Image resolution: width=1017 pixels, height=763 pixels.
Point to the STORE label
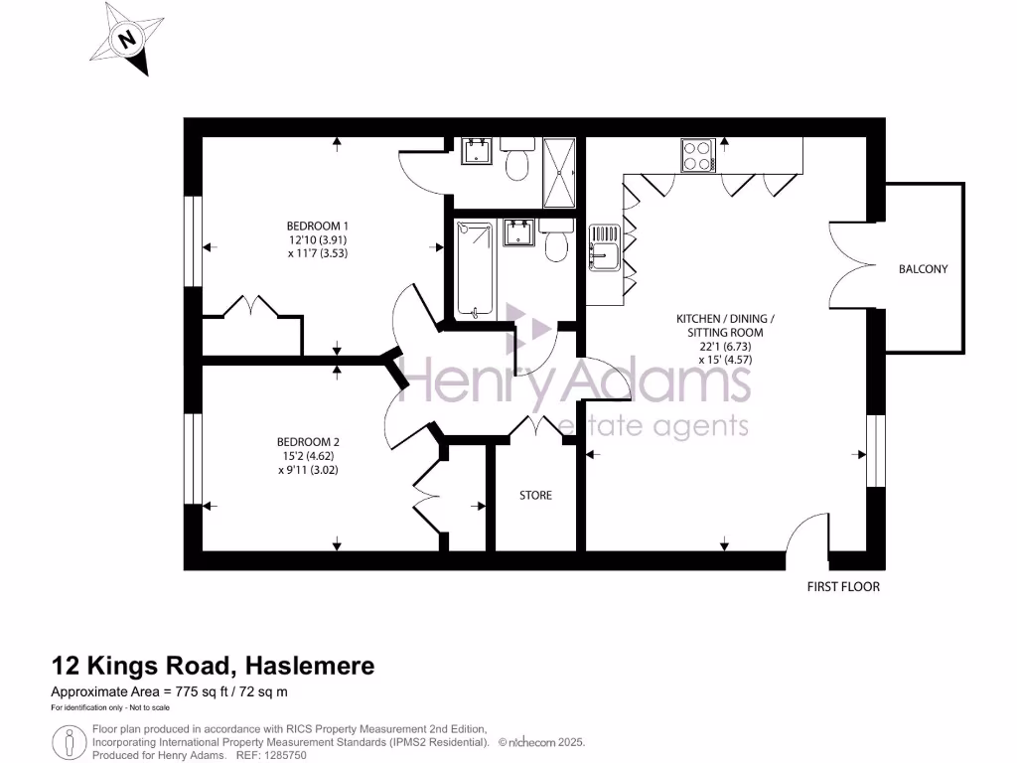coord(536,495)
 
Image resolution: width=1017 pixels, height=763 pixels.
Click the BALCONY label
coord(923,269)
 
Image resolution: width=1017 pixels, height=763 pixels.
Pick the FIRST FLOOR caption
coord(843,586)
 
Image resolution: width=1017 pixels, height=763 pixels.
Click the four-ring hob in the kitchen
coord(697,155)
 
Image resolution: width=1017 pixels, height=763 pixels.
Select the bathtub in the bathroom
coord(475,270)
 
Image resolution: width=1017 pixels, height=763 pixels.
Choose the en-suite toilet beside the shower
coord(516,164)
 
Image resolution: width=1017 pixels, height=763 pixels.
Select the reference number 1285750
coord(286,755)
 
